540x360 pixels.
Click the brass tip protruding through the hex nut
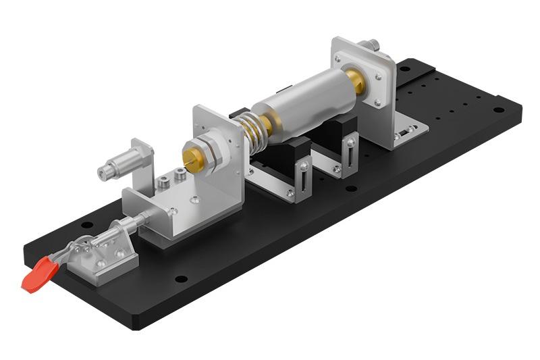(x=191, y=156)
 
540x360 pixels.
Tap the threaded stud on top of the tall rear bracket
(x=371, y=46)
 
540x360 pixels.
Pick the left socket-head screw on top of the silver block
(x=163, y=182)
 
